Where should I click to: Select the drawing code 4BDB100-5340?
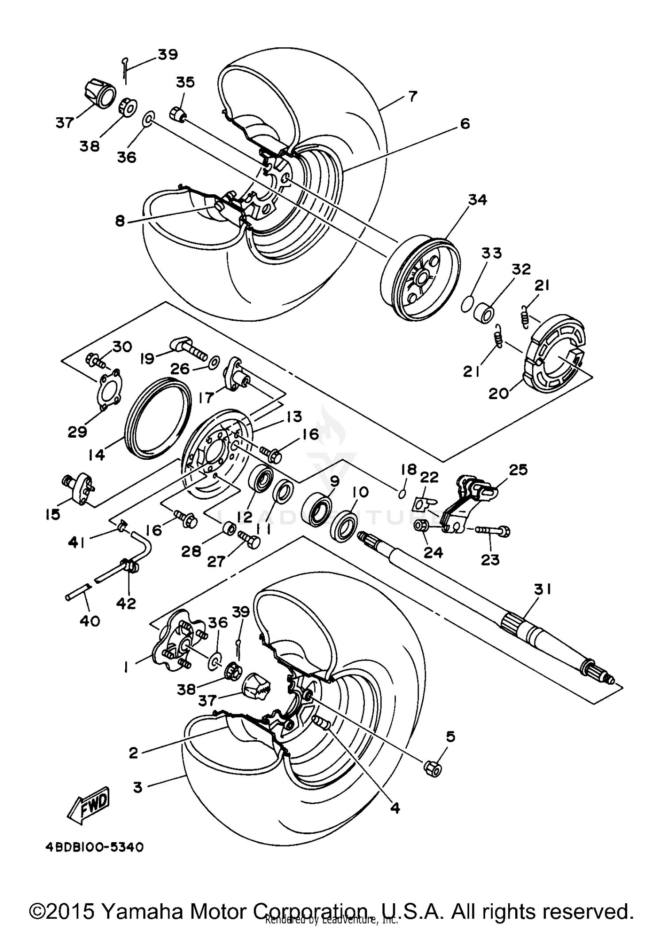tap(94, 847)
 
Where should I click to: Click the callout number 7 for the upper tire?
tap(412, 96)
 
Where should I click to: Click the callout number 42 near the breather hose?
tap(126, 603)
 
